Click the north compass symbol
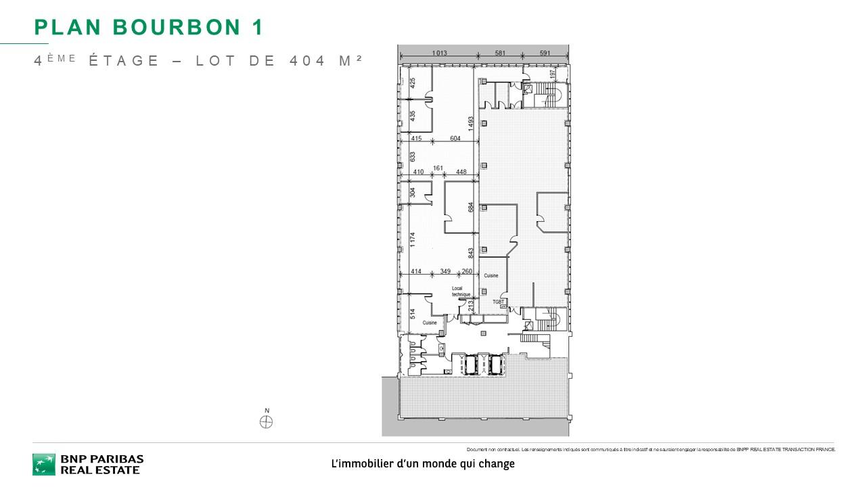(x=267, y=422)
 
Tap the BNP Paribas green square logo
(x=44, y=464)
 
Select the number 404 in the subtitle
(x=308, y=60)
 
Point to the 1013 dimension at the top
(x=440, y=53)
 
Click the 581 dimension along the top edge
(x=500, y=53)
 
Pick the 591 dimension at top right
(x=545, y=53)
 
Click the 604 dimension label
(x=455, y=139)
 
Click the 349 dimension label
(x=445, y=271)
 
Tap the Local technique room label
(x=461, y=292)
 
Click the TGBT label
(x=499, y=302)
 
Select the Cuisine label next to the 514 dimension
(x=430, y=323)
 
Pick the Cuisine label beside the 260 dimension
(x=491, y=276)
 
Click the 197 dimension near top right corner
(x=552, y=73)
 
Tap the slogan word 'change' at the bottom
(x=497, y=464)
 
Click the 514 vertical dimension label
(x=412, y=314)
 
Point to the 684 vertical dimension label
(x=470, y=208)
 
